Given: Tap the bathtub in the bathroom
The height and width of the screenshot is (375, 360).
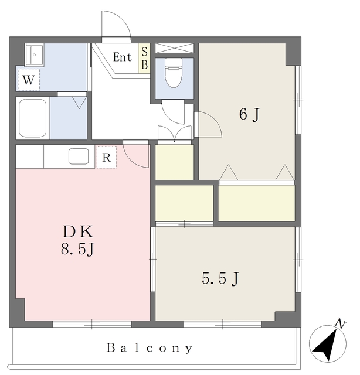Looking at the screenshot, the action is (33, 118).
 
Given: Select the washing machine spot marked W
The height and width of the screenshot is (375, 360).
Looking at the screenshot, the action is (29, 80).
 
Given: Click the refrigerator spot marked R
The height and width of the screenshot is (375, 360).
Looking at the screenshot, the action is (107, 158).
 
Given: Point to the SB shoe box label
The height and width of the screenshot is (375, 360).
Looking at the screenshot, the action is (144, 58).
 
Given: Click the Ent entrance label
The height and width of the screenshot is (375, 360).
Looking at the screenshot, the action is (123, 57).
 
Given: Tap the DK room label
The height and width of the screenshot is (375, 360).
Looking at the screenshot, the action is (78, 231).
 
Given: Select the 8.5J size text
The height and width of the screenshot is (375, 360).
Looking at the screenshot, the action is (77, 249).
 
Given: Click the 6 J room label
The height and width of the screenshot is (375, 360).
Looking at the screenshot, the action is (249, 114).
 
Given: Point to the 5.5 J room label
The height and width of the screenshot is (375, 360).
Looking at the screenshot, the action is (220, 278).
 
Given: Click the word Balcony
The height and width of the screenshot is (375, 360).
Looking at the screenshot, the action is (150, 348).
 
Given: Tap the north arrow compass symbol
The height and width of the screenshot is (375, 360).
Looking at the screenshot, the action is (328, 344).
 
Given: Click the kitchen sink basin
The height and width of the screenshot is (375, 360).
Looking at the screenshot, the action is (79, 156).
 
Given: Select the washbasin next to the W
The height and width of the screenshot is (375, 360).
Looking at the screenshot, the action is (35, 54).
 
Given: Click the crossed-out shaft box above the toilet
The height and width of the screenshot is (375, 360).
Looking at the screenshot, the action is (174, 48).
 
